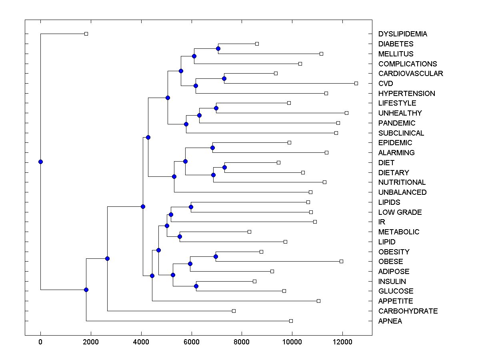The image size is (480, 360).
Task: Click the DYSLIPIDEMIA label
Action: coord(402,34)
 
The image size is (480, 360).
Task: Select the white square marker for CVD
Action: coord(356,83)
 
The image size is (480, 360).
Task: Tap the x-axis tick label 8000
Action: coord(242,341)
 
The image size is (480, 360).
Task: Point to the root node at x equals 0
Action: coord(40,162)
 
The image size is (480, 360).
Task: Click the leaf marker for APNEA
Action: coord(291,321)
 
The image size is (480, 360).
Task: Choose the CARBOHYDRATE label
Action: coord(408,311)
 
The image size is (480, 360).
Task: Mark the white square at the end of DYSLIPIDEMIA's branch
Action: coord(86,34)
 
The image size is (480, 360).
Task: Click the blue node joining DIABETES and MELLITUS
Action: coord(218,48)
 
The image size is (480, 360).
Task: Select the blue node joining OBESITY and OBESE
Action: coord(216,256)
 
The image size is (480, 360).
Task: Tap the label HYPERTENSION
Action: coord(406,94)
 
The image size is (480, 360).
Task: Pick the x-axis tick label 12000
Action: coord(342,341)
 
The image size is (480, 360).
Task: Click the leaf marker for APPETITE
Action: coord(318,301)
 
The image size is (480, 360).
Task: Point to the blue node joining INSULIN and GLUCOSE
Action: coord(196,286)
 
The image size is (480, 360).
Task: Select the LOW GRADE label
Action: coord(400,212)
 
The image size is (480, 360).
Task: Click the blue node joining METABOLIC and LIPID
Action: coord(180,236)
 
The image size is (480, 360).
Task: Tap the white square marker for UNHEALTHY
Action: coord(346,113)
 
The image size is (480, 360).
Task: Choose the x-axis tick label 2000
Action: coord(91,341)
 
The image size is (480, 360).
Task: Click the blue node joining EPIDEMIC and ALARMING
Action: coord(212,148)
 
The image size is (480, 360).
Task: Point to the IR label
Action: coord(382,222)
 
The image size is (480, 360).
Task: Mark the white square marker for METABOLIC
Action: coord(249,232)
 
